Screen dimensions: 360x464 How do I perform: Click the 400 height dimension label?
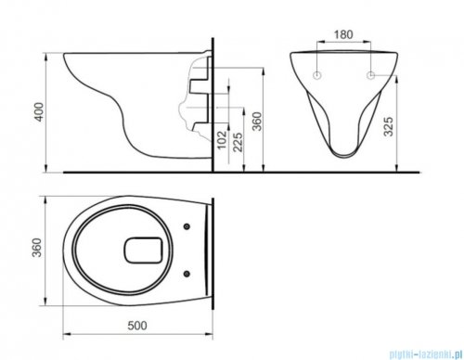click(x=36, y=112)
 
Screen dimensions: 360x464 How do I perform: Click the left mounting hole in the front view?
click(x=318, y=72)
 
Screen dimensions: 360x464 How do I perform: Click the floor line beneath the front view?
click(x=353, y=172)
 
